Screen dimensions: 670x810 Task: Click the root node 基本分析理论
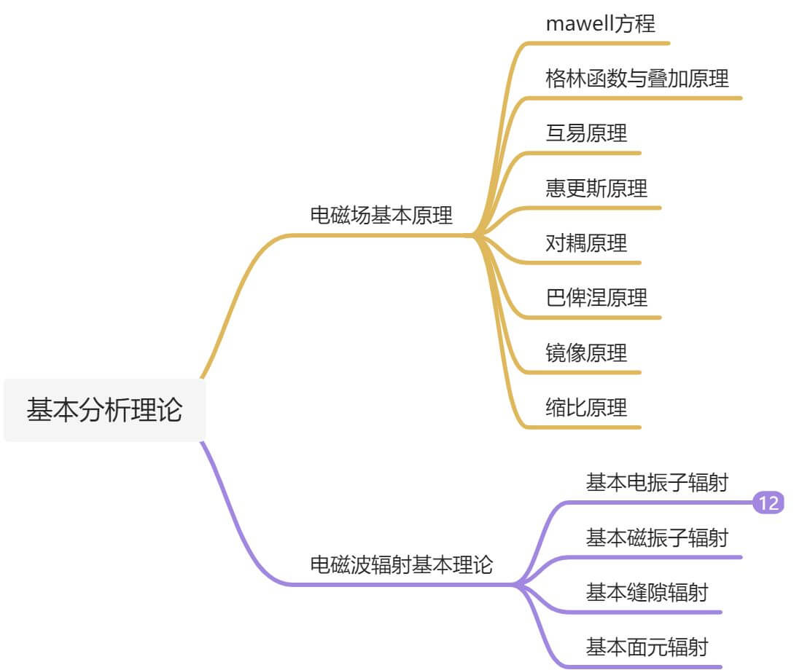[104, 410]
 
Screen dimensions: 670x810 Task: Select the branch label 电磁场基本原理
[381, 216]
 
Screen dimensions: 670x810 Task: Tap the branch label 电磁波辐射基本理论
[402, 564]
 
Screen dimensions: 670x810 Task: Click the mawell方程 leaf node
[600, 23]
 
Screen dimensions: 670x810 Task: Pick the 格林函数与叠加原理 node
[636, 78]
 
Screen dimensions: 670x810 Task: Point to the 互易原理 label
[586, 133]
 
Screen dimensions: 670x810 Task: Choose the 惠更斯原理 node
[596, 189]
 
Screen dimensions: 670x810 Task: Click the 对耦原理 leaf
[586, 243]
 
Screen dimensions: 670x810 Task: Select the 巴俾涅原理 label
[596, 298]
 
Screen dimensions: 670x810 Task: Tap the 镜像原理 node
[586, 353]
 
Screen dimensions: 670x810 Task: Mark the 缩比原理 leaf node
[586, 408]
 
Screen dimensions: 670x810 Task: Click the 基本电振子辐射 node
[656, 483]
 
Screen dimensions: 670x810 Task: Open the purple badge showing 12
[768, 503]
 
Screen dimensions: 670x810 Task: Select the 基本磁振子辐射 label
[656, 538]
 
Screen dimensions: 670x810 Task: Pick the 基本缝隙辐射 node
[646, 593]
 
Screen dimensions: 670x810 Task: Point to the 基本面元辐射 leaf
[646, 647]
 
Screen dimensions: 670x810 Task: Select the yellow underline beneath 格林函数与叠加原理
[642, 98]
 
